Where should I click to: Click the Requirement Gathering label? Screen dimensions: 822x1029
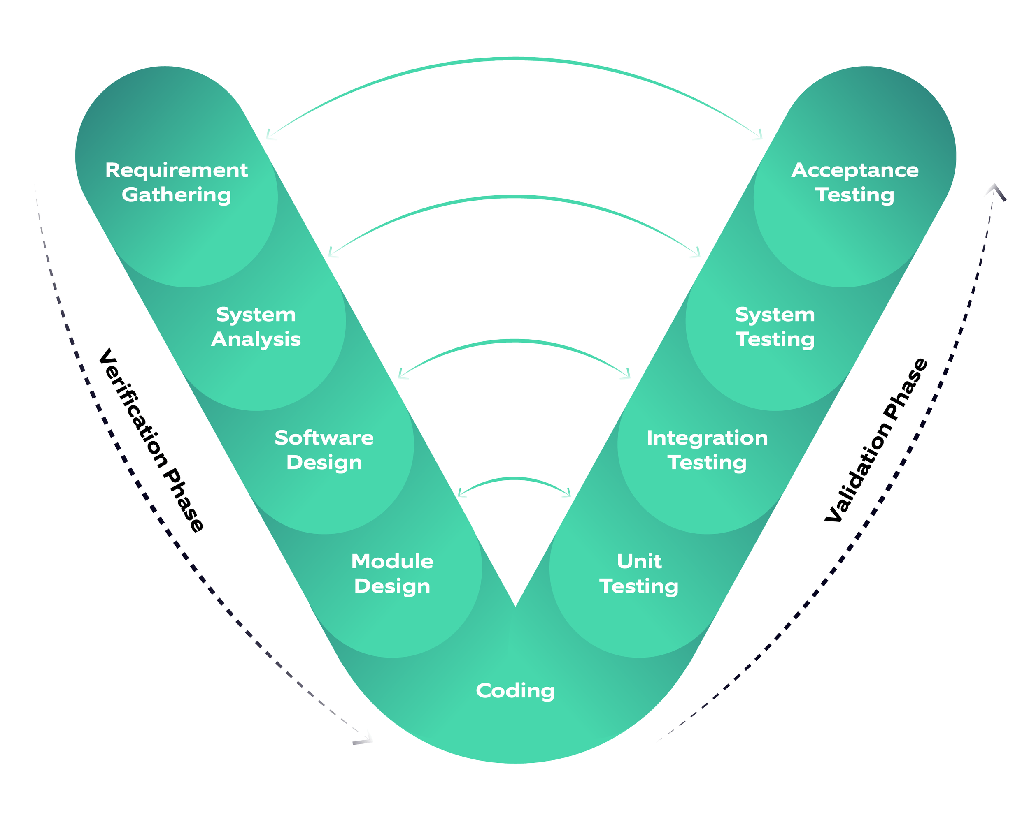pos(176,183)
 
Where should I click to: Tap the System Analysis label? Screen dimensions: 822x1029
pos(256,327)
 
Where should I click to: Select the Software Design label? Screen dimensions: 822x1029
pos(324,450)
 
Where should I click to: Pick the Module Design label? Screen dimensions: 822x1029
pos(392,574)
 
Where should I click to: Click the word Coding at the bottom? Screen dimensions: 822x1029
pos(515,690)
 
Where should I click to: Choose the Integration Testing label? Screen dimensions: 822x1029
pos(707,450)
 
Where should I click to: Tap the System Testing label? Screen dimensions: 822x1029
pos(775,327)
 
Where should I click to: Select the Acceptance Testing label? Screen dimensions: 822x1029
pos(854,183)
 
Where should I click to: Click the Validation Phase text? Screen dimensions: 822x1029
pos(877,440)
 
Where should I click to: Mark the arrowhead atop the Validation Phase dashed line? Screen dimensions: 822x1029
pos(995,189)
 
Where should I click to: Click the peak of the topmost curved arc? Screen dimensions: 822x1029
pos(515,59)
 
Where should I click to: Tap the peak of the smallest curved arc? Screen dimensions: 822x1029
pos(515,479)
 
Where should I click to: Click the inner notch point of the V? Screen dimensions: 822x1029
pos(515,606)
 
